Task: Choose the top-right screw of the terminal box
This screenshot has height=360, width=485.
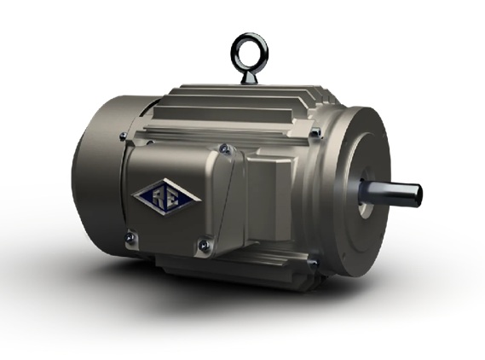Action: click(225, 149)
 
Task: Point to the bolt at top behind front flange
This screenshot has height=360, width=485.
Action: click(316, 132)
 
